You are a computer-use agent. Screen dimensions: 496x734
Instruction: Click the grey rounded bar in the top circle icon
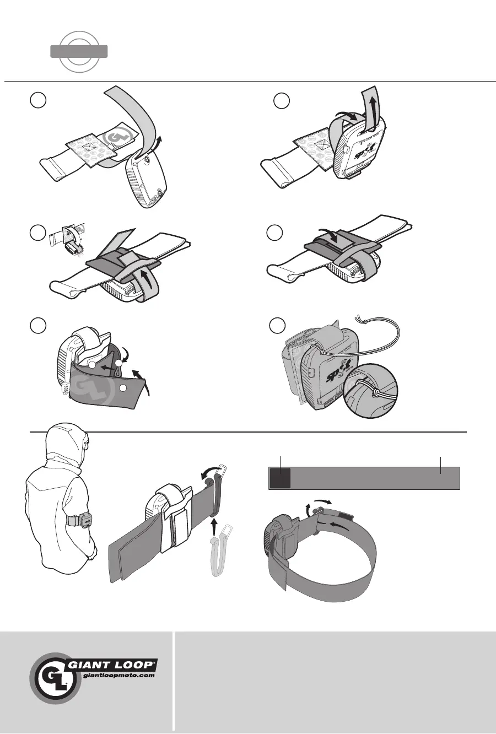[79, 52]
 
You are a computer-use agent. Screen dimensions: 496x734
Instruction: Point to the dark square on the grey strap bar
[280, 478]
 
